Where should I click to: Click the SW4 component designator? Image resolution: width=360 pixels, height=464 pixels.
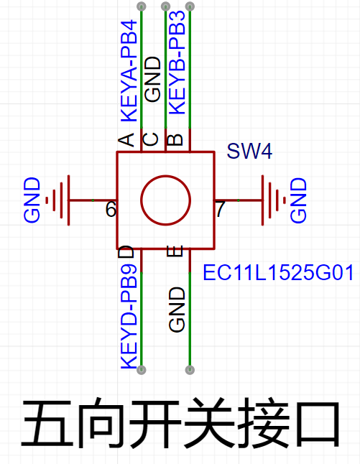coord(249,152)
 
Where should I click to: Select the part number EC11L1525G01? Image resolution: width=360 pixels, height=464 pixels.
coord(278,272)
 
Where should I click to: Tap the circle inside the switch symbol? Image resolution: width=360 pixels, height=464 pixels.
coord(165,200)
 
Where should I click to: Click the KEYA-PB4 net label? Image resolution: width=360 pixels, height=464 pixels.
coord(129,71)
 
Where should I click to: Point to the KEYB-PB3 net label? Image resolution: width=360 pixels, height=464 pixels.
coord(177,62)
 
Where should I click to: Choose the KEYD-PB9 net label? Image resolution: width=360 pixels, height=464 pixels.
coord(129,316)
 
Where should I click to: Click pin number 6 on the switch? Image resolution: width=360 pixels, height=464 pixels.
coord(111,209)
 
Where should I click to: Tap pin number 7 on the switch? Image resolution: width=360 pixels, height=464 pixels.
coord(220,209)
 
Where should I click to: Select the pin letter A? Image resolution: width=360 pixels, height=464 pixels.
coord(126,139)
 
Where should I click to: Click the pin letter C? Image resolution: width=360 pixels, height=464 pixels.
coord(151,139)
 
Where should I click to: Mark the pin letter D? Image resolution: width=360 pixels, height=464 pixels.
coord(126,251)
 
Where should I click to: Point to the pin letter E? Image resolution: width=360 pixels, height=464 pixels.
coord(175,251)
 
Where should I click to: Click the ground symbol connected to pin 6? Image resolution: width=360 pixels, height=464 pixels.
coord(58,200)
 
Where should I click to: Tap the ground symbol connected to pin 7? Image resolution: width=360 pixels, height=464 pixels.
coord(274,200)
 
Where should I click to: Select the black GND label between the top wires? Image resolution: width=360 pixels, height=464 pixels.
coord(152,80)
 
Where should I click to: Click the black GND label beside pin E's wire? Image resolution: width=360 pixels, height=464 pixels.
coord(177,310)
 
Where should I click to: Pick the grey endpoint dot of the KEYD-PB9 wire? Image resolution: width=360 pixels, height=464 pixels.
coord(142,370)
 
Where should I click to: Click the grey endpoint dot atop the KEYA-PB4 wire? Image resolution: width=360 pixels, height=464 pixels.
coord(142,6)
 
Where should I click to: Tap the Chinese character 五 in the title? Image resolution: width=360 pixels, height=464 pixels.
coord(47,424)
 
